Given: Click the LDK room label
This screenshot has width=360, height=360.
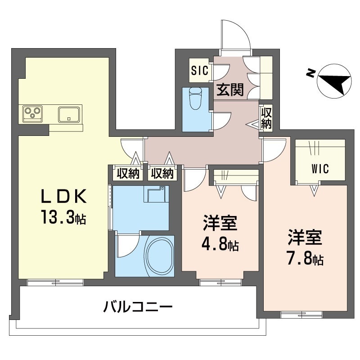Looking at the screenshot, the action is coord(63,196).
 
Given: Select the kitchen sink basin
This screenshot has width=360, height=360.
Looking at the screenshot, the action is coord(69,114).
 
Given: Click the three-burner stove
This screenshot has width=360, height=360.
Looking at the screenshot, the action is coord(32,113).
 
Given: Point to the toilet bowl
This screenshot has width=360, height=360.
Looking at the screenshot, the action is coord(195,99).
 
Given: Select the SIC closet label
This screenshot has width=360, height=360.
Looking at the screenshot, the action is coord(200,71).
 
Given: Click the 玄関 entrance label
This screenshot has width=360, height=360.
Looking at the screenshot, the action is coord(230,89).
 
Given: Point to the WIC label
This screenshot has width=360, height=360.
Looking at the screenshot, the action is coord(320,169).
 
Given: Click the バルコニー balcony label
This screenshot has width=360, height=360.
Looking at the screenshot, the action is coord(138,307).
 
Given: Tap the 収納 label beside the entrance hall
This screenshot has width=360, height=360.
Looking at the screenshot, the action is coord(266,119).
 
